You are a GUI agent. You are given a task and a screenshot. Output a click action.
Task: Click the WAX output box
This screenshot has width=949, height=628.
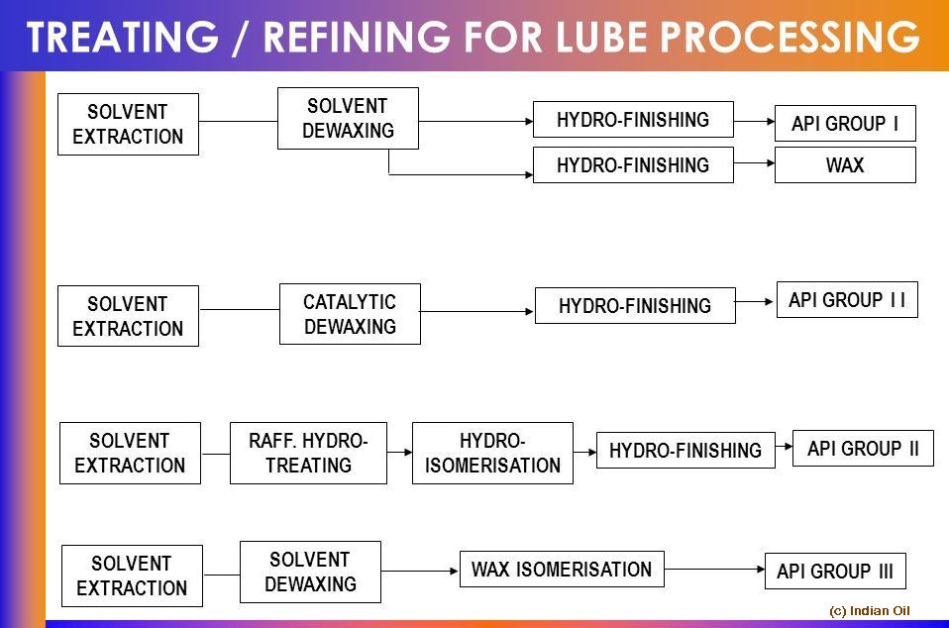point(844,165)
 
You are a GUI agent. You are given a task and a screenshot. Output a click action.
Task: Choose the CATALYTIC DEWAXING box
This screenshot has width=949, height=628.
point(350,314)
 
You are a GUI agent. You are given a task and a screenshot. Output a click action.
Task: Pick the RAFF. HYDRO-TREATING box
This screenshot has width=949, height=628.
point(308,453)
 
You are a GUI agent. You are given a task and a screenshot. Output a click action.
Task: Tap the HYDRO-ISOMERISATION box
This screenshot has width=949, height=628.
point(492,453)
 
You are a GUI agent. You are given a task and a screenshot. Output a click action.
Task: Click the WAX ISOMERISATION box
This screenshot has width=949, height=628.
point(561,570)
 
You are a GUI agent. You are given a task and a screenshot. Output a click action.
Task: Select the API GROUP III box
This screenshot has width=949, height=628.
point(834,572)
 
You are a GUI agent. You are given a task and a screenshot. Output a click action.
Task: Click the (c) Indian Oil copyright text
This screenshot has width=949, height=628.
point(869,611)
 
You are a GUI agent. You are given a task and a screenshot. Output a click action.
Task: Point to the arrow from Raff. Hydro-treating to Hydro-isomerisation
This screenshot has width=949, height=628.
point(399,453)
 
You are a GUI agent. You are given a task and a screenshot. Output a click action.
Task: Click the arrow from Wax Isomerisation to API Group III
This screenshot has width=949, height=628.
point(714,570)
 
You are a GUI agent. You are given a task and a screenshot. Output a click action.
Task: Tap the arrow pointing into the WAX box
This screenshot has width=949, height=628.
point(754,164)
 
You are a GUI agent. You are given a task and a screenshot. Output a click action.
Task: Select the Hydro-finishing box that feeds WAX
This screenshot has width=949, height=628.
point(633,165)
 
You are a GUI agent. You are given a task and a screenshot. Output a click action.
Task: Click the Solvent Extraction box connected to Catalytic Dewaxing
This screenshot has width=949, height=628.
point(128,316)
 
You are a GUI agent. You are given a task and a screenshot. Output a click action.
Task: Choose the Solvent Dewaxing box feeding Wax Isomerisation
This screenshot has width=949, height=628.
point(310,572)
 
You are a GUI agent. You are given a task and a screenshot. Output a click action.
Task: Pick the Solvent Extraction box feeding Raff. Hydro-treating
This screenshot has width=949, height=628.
point(130,453)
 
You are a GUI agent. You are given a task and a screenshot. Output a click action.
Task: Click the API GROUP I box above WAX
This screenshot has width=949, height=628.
point(844,124)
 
